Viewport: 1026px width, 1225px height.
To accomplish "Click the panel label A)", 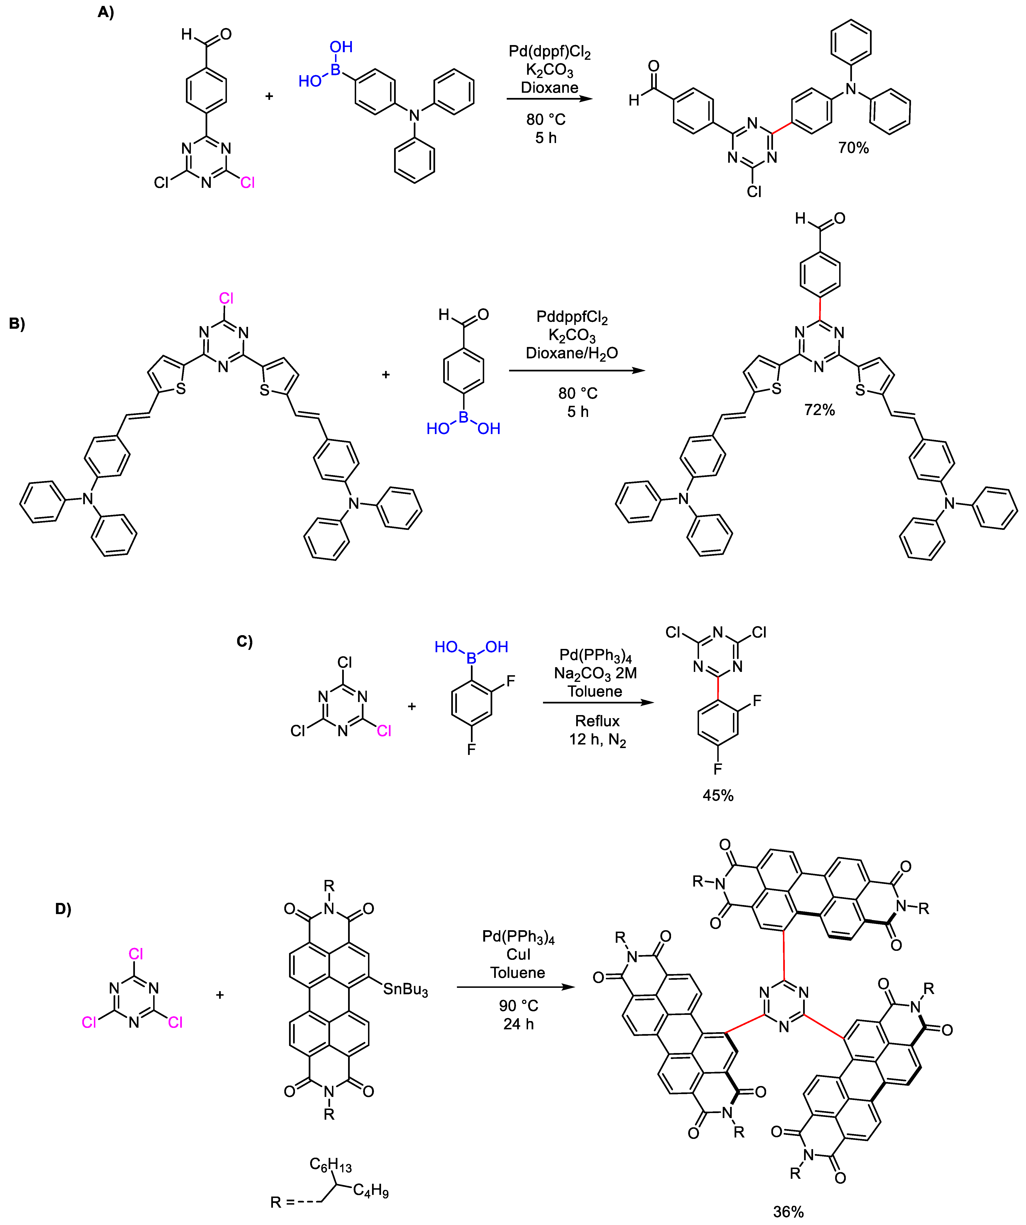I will [x=106, y=12].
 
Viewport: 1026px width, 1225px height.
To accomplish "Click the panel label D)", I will [x=63, y=909].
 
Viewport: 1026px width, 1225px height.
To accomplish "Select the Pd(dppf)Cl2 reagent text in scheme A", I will [x=549, y=52].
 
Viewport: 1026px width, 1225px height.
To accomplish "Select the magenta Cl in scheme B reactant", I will [x=226, y=299].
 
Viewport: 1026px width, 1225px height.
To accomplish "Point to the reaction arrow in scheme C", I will [x=598, y=702].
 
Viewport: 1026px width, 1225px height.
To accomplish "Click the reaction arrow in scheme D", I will [x=516, y=987].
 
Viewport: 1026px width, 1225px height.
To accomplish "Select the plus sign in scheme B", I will [x=386, y=374].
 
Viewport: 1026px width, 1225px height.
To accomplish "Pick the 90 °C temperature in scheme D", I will [x=518, y=1006].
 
